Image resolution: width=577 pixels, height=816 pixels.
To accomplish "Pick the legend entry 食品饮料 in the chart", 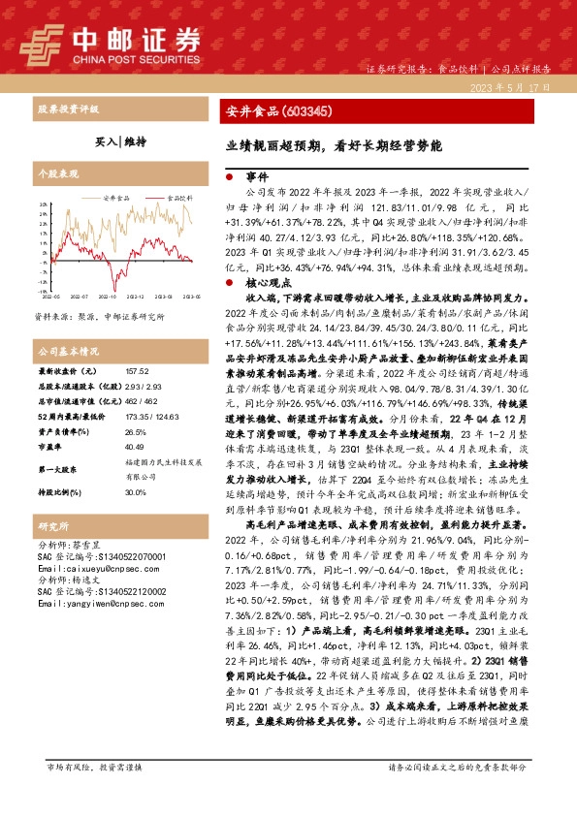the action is click(175, 198).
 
